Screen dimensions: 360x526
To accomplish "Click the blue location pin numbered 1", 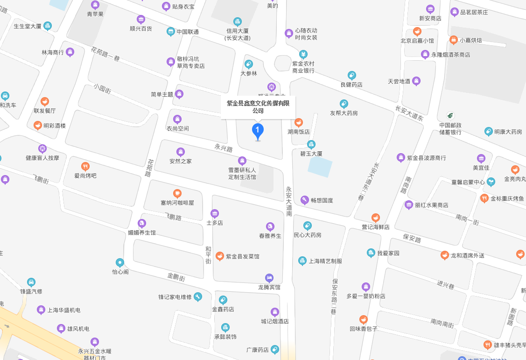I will pos(257,130).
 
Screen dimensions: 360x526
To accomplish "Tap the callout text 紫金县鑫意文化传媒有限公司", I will pos(258,107).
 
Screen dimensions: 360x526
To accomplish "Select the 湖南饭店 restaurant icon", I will pos(299,122).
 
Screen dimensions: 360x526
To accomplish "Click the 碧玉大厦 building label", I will pos(311,153).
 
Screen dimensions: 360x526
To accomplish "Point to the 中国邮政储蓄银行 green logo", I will pos(450,115).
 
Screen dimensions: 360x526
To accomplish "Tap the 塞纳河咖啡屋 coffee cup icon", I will pos(177,193).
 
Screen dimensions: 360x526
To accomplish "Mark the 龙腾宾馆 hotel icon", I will pos(269,278).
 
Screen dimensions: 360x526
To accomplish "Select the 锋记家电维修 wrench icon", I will pos(198,297).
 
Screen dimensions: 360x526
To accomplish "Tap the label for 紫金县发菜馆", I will pos(243,256).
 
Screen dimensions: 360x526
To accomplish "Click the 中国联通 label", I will pos(188,32).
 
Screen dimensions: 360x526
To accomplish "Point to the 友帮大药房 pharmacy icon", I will pos(344,104).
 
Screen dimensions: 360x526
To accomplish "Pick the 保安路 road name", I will pos(412,239).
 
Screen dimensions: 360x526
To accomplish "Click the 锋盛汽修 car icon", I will pos(31,282).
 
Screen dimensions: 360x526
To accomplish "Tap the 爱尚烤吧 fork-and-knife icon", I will pos(85,166).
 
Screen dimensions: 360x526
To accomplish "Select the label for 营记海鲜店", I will pos(376,227).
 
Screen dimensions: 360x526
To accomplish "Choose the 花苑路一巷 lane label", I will pos(105,55).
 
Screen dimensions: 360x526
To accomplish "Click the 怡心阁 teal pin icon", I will pos(120,262).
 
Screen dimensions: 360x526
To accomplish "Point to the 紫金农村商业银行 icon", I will pos(303,54).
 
